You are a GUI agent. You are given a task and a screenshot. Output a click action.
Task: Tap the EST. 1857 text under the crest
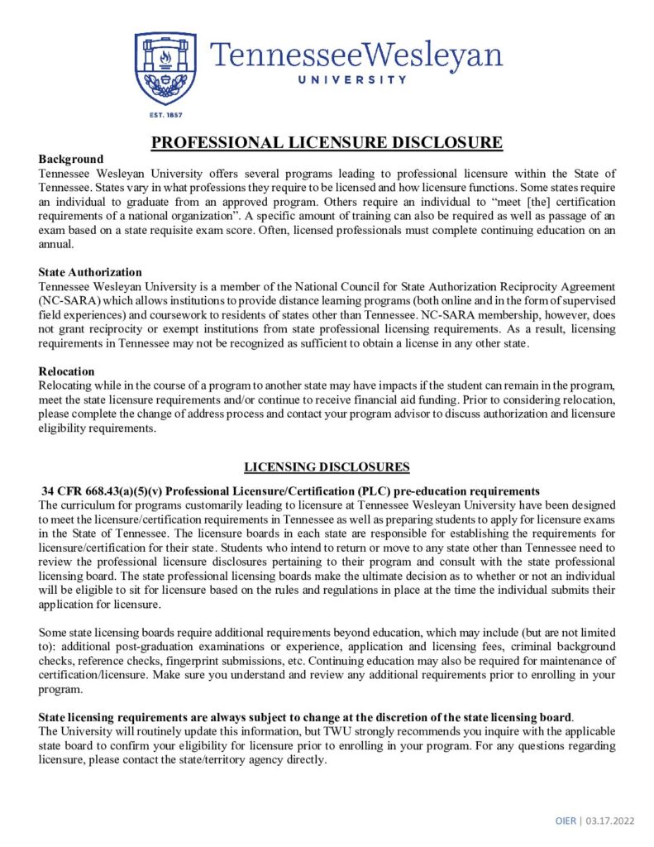pos(165,114)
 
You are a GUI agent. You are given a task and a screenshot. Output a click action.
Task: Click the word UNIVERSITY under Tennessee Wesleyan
pos(356,80)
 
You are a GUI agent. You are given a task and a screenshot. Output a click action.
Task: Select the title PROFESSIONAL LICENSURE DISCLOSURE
pos(327,143)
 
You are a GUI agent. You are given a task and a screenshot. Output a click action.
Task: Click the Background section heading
pos(71,159)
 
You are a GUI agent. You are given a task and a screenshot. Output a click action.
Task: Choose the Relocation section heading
pos(67,371)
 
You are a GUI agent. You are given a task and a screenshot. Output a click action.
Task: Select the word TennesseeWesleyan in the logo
pos(356,55)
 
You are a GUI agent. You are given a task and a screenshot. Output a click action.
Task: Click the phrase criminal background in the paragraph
pos(565,647)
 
